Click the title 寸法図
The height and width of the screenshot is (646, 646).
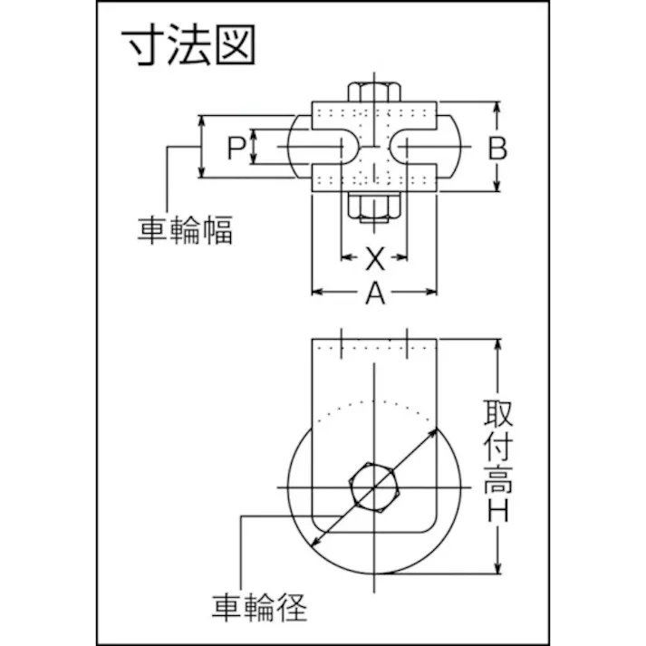[188, 45]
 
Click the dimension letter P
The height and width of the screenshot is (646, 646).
[236, 147]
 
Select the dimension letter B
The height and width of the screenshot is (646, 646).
[497, 148]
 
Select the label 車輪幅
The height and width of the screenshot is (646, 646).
[185, 231]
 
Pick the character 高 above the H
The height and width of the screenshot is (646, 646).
[497, 479]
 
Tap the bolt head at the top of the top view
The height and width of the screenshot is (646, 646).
[372, 91]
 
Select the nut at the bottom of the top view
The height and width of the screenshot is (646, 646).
[372, 207]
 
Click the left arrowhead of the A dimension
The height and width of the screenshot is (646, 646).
[316, 292]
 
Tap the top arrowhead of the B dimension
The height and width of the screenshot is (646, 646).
[497, 107]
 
